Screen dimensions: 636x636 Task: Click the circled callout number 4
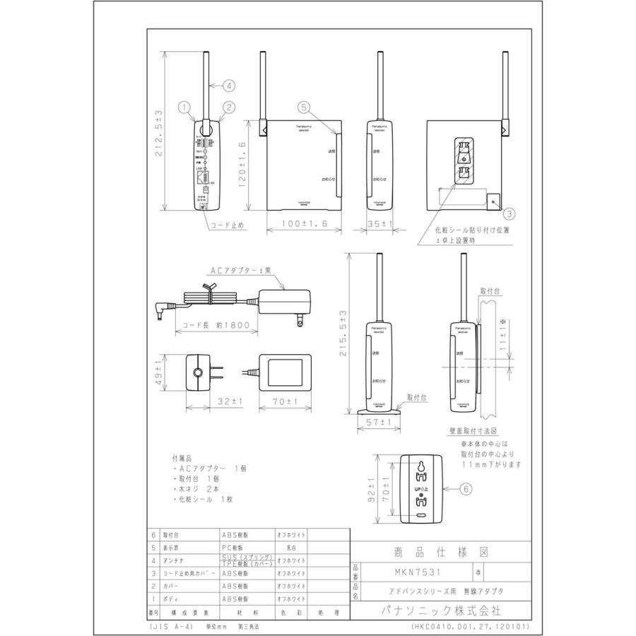click(x=230, y=86)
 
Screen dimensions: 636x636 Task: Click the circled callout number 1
click(x=185, y=107)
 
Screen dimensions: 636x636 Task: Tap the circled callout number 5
click(x=303, y=107)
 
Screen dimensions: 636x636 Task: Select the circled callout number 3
click(x=510, y=213)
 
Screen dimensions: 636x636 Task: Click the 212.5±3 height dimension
click(x=160, y=132)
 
